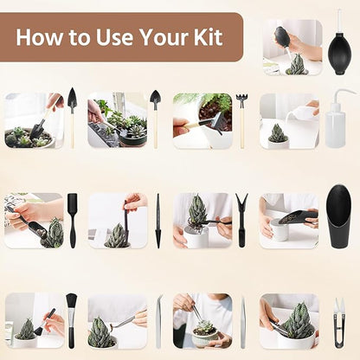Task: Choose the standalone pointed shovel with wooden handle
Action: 72,116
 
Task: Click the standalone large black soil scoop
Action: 338,215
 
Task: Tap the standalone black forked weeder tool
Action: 241,220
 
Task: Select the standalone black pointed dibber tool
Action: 157,221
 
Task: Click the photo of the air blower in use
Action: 292,48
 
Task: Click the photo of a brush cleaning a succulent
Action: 34,320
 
